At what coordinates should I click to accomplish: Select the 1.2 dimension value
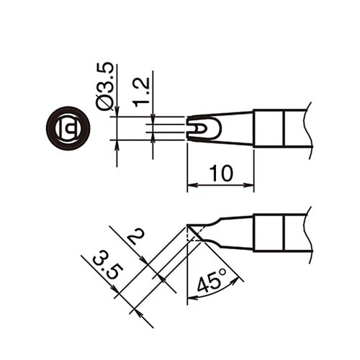click(x=141, y=91)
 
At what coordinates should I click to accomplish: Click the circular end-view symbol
click(x=68, y=129)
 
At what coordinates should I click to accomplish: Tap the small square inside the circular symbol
click(x=69, y=130)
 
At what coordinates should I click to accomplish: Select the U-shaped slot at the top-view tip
click(x=199, y=129)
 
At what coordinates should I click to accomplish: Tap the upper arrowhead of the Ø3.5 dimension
click(x=117, y=112)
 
